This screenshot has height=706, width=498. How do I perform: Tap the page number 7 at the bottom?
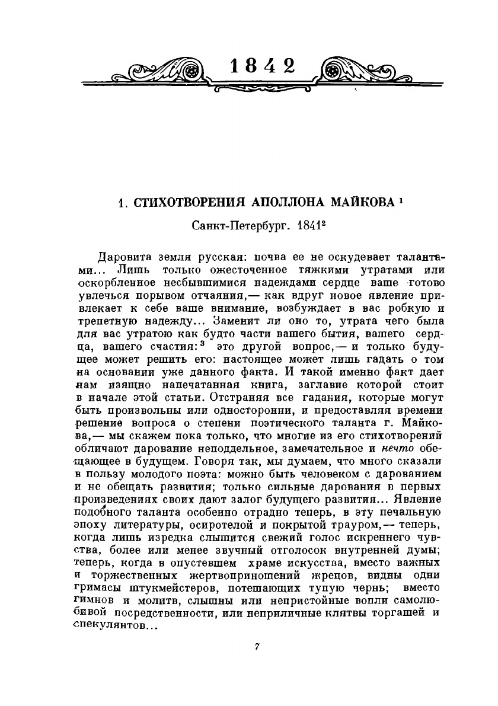(257, 646)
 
